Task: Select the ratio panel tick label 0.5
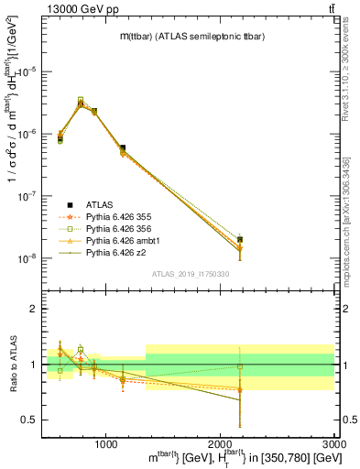coord(33,420)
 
